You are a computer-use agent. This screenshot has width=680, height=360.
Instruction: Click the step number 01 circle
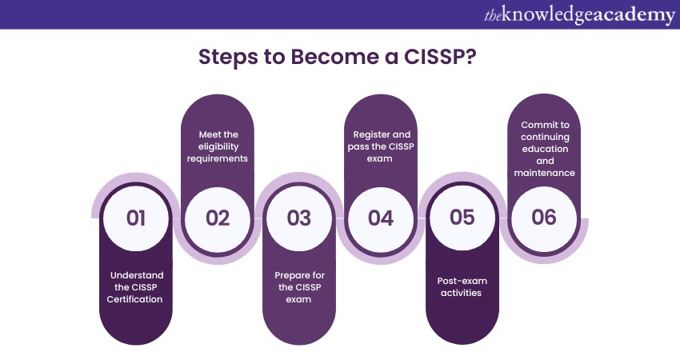[x=136, y=218]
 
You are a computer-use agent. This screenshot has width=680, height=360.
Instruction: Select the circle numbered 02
[x=218, y=218]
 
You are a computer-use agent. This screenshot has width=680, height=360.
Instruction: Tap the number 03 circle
[x=299, y=218]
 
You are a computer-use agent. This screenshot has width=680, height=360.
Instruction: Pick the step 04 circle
[x=381, y=218]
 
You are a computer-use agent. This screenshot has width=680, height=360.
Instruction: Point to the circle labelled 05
[x=462, y=218]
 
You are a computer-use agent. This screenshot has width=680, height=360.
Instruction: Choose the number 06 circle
[x=544, y=218]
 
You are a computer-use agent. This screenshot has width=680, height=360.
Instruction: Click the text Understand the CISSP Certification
[x=136, y=286]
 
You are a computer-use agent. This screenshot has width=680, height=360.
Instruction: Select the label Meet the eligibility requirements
[x=218, y=146]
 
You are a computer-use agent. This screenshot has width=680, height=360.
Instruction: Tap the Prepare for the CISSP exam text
[x=299, y=286]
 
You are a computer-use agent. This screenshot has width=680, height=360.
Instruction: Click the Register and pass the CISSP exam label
[x=381, y=146]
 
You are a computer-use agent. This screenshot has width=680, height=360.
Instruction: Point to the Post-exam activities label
[x=462, y=286]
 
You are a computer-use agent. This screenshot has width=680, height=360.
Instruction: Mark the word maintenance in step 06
[x=544, y=172]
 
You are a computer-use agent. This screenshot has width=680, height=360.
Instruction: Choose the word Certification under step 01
[x=136, y=299]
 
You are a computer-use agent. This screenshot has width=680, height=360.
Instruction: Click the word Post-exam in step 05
[x=462, y=281]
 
